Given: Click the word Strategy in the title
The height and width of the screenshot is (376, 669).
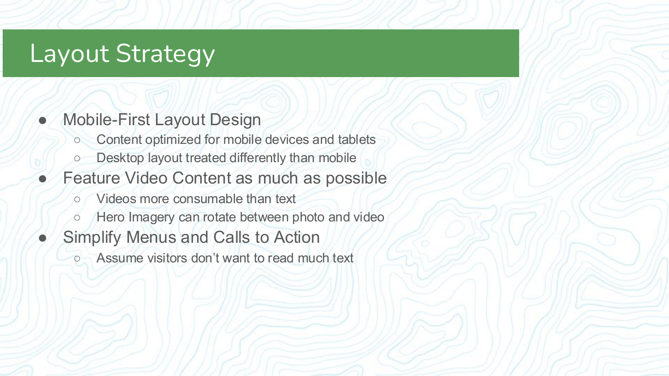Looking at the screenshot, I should pyautogui.click(x=165, y=54).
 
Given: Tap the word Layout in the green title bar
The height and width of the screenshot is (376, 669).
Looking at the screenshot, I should pyautogui.click(x=69, y=53).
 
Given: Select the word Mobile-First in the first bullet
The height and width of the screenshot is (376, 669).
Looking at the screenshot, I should pyautogui.click(x=107, y=119).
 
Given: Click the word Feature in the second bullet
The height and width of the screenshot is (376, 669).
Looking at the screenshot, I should pyautogui.click(x=91, y=178).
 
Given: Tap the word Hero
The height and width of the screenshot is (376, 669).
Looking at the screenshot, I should pyautogui.click(x=110, y=217).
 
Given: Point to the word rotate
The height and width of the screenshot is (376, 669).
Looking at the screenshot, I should pyautogui.click(x=221, y=217).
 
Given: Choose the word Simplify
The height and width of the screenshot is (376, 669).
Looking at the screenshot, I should pyautogui.click(x=92, y=237).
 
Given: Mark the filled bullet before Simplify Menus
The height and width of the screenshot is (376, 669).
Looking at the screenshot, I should pyautogui.click(x=43, y=238).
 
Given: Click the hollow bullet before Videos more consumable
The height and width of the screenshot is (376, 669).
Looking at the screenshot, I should pyautogui.click(x=77, y=199).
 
